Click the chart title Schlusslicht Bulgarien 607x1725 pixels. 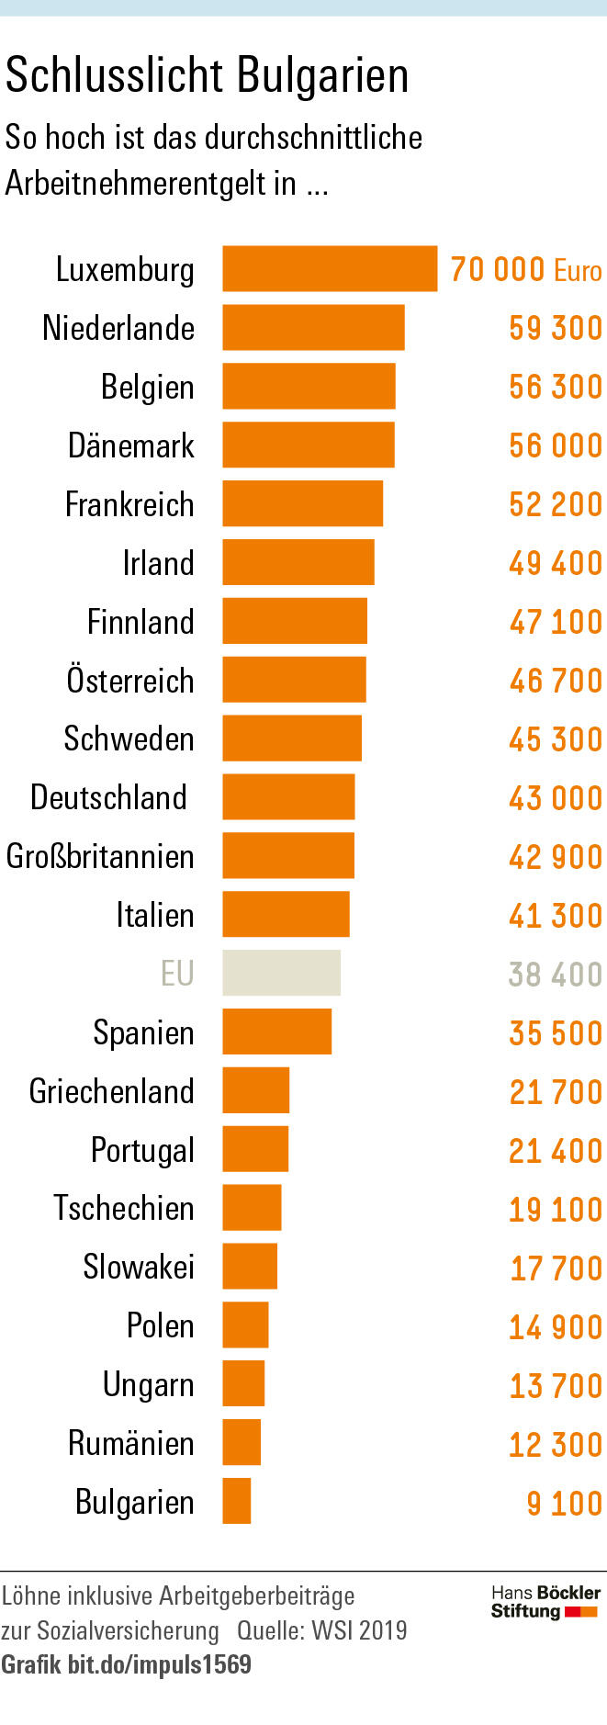point(207,75)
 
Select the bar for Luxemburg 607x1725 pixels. point(330,268)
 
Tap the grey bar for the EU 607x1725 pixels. point(281,973)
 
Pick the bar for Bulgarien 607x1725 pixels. point(237,1501)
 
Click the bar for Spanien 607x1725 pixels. point(276,1032)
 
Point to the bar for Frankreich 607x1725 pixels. point(302,503)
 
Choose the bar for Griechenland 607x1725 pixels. point(255,1090)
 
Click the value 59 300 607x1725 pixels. point(556,328)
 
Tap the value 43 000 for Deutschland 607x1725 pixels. point(556,797)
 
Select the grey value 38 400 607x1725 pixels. point(556,974)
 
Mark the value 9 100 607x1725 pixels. point(564,1503)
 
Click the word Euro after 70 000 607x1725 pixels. point(578,270)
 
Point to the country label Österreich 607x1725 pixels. point(130,680)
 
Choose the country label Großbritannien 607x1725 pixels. point(100,856)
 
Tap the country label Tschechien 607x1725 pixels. point(124,1208)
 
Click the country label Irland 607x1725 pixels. point(158,562)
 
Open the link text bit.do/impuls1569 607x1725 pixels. point(159,1664)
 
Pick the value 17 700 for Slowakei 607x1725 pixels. point(556,1268)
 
